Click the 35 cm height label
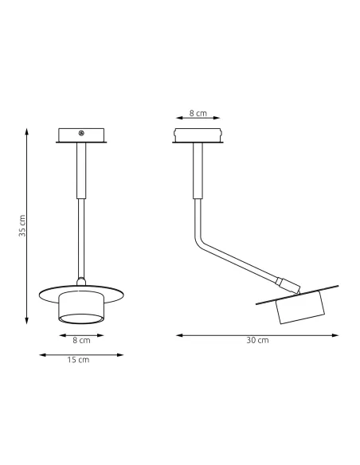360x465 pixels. (x=23, y=226)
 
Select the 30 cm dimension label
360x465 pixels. (x=257, y=340)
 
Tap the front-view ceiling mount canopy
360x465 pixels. (x=80, y=136)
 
